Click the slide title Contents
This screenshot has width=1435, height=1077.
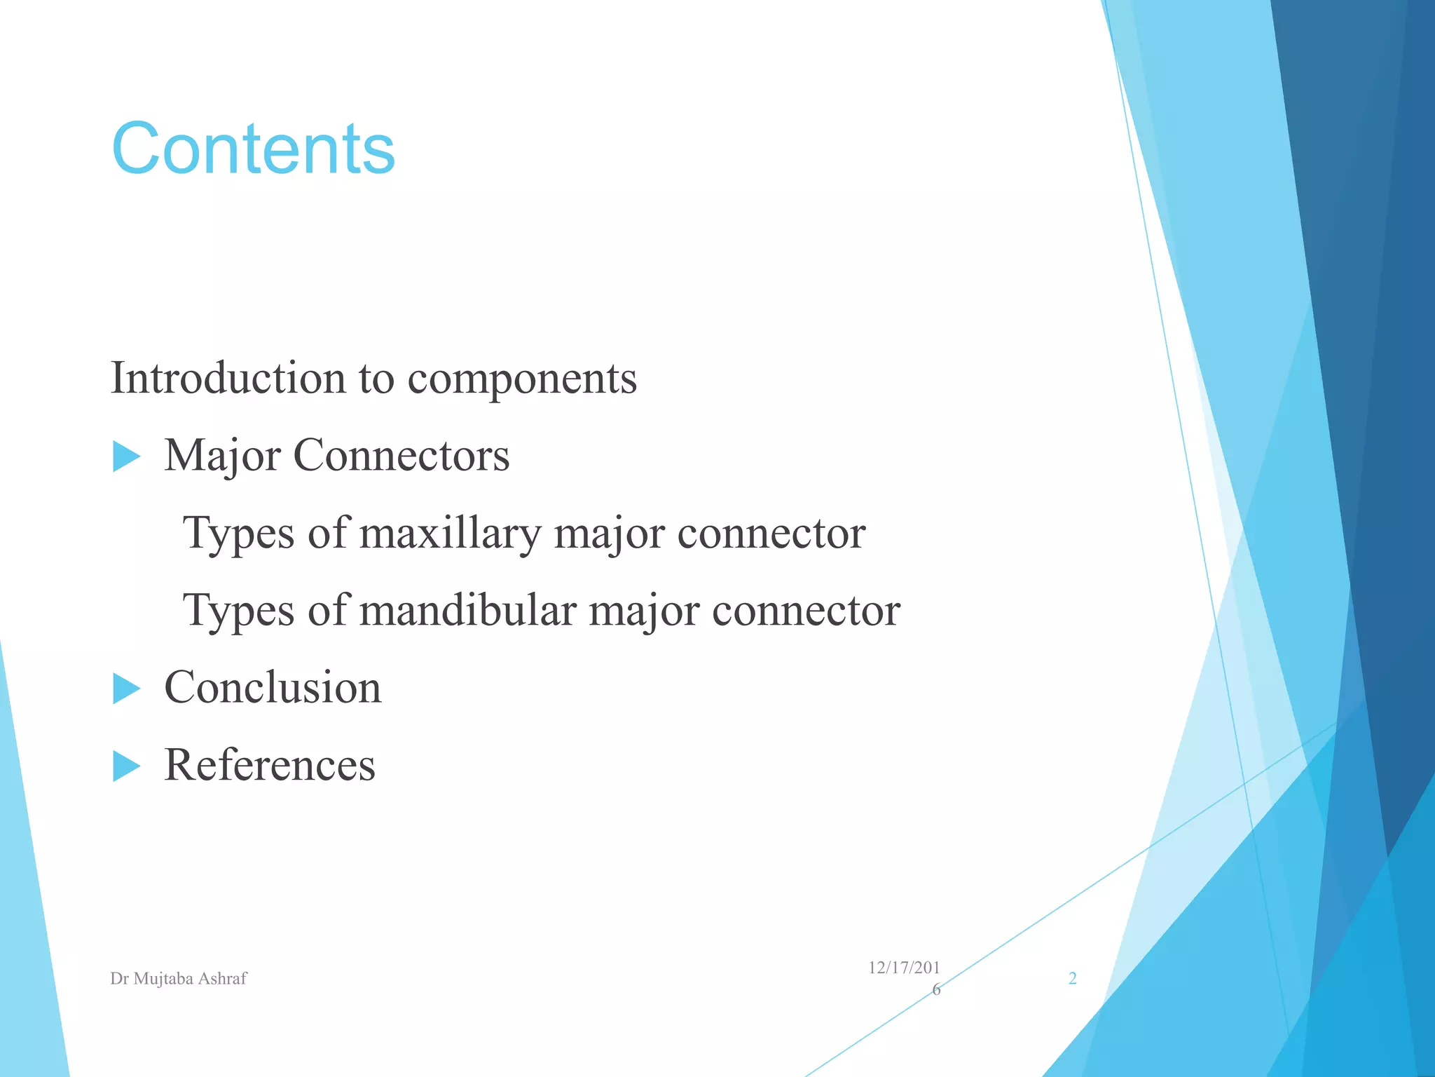[x=253, y=148]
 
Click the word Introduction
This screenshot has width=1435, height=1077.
[x=228, y=378]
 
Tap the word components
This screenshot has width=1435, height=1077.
[x=522, y=378]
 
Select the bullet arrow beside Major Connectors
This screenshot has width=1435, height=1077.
[x=126, y=457]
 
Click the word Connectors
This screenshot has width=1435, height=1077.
[x=401, y=456]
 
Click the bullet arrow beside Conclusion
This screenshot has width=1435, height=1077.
[x=126, y=689]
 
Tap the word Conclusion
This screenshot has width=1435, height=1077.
[x=273, y=687]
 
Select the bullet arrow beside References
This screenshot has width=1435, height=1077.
[x=126, y=766]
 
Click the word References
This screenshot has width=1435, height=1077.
[x=270, y=764]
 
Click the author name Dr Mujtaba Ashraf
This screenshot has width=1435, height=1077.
[x=178, y=979]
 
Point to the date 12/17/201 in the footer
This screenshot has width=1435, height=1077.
[x=903, y=968]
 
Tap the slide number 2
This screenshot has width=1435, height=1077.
[x=1072, y=979]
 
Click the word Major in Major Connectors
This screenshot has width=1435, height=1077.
[x=222, y=456]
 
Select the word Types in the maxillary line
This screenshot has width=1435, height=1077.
[x=238, y=534]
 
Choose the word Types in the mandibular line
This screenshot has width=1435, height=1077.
[x=238, y=611]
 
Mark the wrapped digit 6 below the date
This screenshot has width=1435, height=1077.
[x=936, y=990]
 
